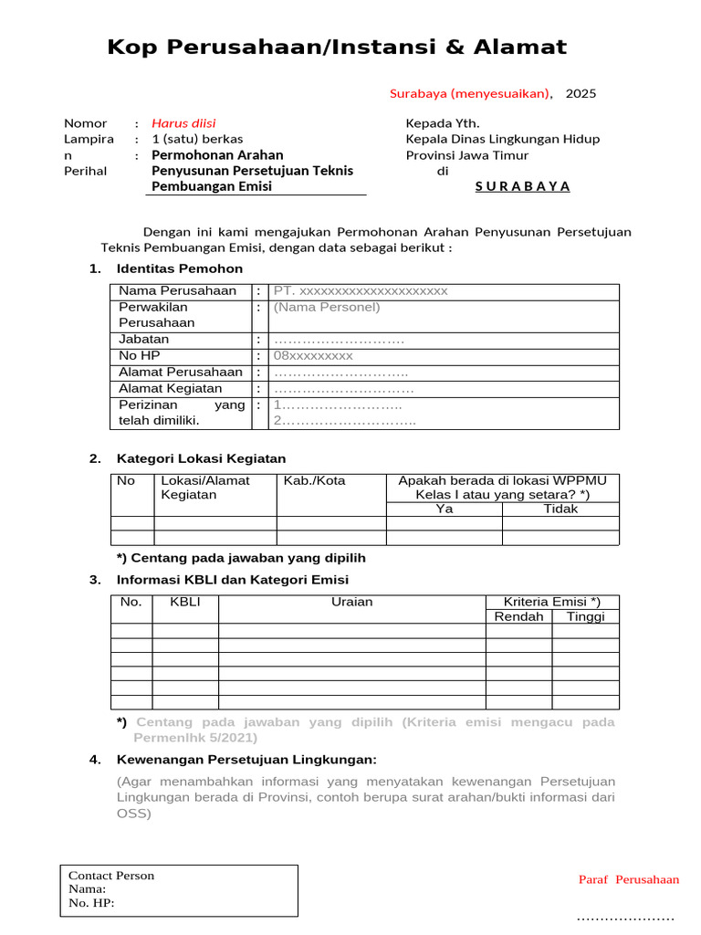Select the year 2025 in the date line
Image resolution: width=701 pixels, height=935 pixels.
(581, 93)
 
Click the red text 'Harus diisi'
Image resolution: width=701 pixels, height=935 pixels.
(183, 123)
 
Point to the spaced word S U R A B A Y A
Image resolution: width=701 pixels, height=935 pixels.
(522, 186)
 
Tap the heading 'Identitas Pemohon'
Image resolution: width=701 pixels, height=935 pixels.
(180, 268)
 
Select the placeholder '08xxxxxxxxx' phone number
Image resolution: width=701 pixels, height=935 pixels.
(313, 356)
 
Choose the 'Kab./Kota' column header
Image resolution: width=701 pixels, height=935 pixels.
(315, 481)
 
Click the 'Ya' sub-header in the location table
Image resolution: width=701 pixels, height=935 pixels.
(445, 510)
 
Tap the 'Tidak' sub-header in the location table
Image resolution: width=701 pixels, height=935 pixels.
(560, 510)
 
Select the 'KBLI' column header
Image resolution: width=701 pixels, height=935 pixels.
(184, 603)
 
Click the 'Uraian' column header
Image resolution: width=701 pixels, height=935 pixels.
(351, 603)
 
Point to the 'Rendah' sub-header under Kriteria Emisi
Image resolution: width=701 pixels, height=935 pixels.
(518, 617)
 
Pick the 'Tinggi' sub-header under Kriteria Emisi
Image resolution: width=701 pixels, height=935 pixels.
(585, 617)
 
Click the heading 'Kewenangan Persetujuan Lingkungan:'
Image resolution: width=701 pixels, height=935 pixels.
(246, 760)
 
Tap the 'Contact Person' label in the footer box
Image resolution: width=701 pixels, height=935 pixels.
(111, 876)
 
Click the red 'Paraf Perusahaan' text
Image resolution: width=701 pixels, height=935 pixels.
(629, 880)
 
